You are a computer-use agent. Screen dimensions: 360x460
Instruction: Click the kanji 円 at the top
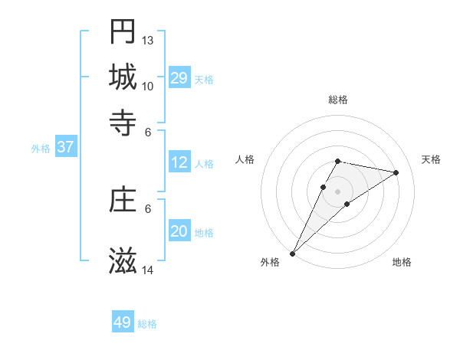point(123,31)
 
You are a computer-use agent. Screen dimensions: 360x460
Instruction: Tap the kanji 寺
point(123,122)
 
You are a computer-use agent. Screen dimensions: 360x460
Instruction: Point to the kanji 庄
point(123,200)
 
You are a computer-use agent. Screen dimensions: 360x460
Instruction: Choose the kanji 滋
point(123,261)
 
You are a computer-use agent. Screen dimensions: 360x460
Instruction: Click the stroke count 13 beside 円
point(148,40)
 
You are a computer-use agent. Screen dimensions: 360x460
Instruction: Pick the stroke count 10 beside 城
point(148,85)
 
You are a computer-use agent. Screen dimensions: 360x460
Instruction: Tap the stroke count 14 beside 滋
point(148,270)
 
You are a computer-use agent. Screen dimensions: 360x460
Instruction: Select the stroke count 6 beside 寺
point(148,131)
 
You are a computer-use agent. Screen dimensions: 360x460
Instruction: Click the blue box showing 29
point(179,78)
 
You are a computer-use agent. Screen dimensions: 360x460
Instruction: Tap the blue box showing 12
point(179,162)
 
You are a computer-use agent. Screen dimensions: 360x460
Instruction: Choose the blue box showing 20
point(179,231)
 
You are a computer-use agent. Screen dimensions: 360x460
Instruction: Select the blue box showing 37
point(65,147)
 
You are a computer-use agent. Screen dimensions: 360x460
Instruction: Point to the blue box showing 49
point(123,322)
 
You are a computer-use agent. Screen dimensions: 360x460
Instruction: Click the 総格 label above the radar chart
point(338,100)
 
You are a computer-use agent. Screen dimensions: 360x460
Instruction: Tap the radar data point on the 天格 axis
point(396,172)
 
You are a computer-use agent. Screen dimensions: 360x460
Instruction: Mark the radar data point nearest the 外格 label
point(292,254)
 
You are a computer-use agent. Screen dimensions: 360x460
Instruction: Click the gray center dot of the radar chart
point(338,191)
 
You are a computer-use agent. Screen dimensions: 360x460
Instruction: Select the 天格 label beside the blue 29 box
point(204,79)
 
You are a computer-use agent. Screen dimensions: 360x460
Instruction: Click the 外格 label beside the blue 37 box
point(41,148)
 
